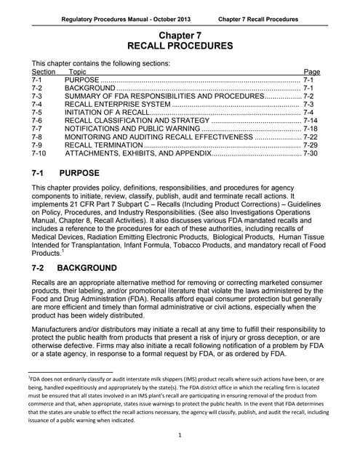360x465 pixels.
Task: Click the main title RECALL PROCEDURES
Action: [180, 46]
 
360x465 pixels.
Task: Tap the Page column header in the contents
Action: [311, 73]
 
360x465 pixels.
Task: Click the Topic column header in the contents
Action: [77, 73]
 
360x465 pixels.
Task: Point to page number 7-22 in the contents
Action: [311, 134]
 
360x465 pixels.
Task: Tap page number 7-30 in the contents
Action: [311, 155]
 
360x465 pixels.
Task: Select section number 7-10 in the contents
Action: [41, 155]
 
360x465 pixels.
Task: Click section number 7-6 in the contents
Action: [39, 124]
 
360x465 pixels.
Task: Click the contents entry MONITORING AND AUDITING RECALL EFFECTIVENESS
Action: [159, 134]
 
